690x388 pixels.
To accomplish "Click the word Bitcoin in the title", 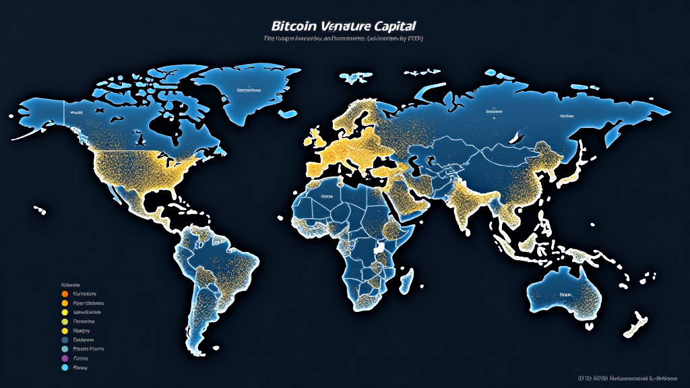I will [293, 26].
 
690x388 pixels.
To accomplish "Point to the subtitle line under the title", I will [344, 39].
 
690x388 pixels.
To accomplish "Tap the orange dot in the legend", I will [65, 294].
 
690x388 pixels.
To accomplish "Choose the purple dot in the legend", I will [65, 359].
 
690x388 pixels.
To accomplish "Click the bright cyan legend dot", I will [65, 368].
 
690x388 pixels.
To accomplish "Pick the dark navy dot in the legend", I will [65, 340].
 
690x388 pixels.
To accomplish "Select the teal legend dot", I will [65, 350].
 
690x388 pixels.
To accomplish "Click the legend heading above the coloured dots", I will [70, 284].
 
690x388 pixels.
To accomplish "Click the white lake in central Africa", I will [381, 249].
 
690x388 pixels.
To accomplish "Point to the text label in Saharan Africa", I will [327, 196].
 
